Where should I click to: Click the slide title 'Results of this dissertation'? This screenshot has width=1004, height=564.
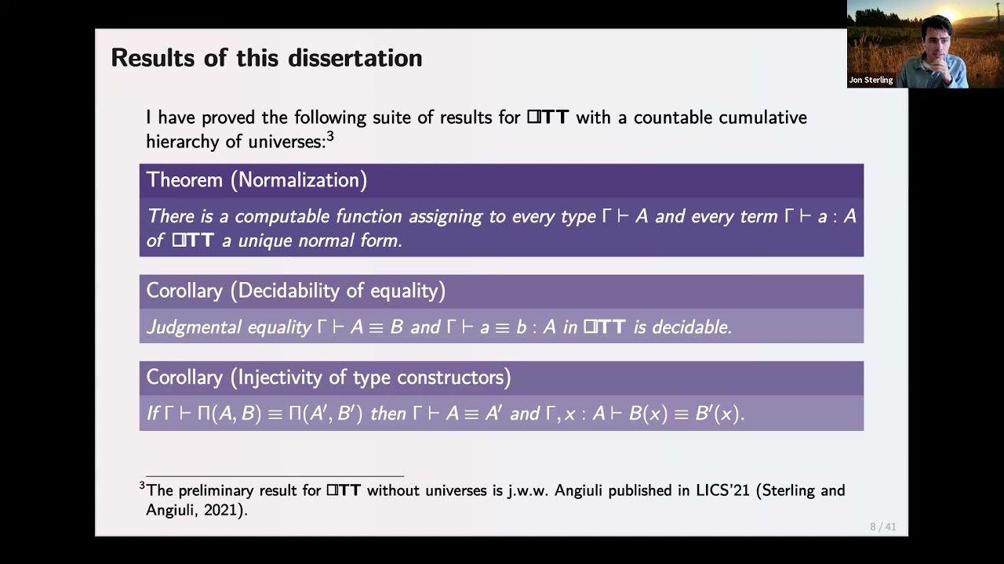pos(267,58)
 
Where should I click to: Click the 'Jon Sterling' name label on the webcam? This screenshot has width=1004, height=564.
pos(871,80)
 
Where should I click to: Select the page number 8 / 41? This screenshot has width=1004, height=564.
pos(882,526)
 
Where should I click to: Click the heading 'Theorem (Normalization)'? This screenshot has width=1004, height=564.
pos(256,180)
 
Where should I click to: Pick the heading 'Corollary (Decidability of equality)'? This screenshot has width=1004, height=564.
pos(296,291)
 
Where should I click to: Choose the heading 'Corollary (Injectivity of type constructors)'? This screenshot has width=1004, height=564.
pos(328,378)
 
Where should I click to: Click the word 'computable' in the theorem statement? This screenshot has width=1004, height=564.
pos(282,217)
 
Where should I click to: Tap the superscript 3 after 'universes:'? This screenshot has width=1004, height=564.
pos(330,136)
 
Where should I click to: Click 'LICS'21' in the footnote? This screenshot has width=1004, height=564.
pos(722,490)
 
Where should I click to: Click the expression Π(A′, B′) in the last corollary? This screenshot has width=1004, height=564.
pos(326,414)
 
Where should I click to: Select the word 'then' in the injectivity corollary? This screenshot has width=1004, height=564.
pos(388,414)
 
